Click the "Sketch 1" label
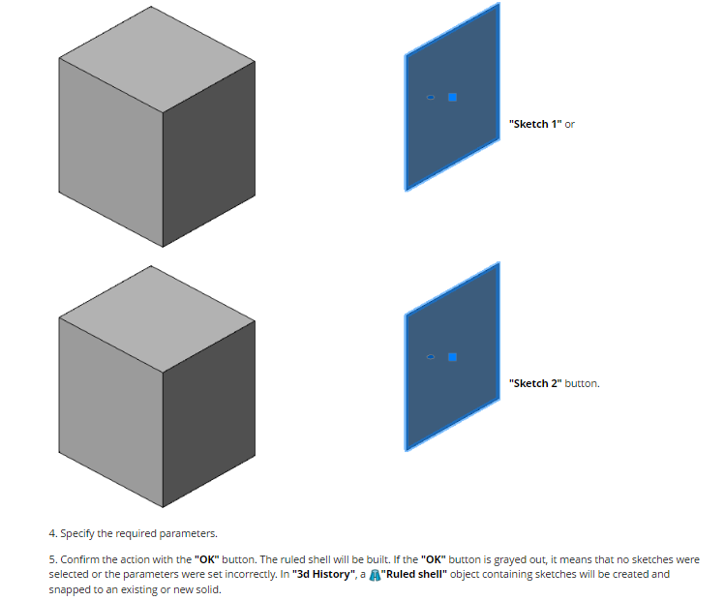point(535,124)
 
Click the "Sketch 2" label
point(535,383)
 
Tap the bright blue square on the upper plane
point(453,97)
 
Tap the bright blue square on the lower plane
point(453,357)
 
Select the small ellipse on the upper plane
point(431,97)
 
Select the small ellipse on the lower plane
point(431,357)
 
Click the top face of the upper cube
point(157,59)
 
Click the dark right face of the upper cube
point(209,154)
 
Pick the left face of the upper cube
point(111,153)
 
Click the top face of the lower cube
point(157,319)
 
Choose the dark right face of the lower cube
point(209,413)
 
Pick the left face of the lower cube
point(111,412)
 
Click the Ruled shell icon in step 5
point(375,575)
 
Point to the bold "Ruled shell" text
point(414,574)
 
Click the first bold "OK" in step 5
point(207,559)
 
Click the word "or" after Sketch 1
point(569,124)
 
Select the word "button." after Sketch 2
point(582,383)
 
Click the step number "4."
point(53,533)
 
